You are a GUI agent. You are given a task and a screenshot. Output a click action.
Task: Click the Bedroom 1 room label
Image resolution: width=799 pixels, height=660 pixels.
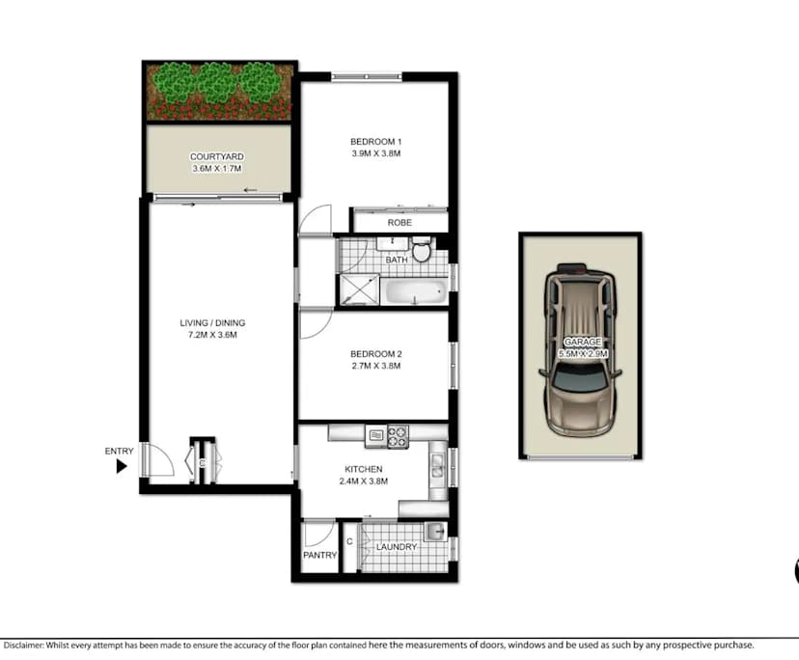coord(375,143)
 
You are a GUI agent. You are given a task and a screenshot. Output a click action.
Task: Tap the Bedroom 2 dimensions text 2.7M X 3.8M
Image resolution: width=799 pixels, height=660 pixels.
coord(375,366)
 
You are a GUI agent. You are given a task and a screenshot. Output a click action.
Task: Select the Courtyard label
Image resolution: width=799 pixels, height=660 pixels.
coord(216,156)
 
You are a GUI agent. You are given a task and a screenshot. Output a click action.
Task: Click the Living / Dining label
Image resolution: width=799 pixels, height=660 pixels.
coord(208,323)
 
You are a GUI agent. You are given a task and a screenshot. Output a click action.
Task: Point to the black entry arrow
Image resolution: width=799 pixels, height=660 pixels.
coord(122,466)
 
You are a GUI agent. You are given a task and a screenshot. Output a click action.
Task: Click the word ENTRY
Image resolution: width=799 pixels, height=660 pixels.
coord(119,451)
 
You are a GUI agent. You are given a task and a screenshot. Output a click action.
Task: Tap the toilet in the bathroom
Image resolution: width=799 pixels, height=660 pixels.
coord(422,250)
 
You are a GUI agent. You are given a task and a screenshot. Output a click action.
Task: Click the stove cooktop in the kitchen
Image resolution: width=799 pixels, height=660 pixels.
coord(398,434)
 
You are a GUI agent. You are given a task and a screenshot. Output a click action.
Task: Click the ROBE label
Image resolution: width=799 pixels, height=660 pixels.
coord(399,223)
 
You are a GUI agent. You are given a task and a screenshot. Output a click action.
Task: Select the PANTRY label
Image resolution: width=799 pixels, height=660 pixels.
coord(319,555)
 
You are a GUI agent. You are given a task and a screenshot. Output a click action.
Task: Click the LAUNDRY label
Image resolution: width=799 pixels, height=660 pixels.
coord(397,547)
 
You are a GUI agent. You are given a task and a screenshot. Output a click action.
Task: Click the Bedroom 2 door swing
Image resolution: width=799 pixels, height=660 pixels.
coord(315,324)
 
